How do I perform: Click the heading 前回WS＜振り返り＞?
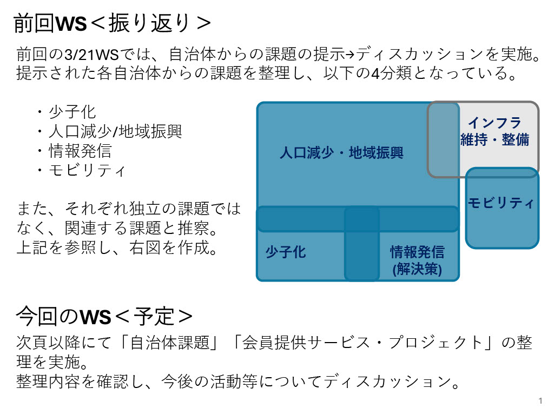[111, 24]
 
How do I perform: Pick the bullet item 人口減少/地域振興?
[115, 131]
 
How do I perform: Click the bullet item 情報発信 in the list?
[80, 151]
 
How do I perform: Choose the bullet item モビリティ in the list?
[88, 170]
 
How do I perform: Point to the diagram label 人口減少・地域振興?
[341, 153]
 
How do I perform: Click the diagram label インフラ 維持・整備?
[494, 131]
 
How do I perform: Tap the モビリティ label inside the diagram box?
[501, 203]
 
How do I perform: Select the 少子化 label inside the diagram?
[286, 252]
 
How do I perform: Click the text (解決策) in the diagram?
[417, 269]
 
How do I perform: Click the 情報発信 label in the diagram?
[417, 252]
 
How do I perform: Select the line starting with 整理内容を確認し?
[238, 382]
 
